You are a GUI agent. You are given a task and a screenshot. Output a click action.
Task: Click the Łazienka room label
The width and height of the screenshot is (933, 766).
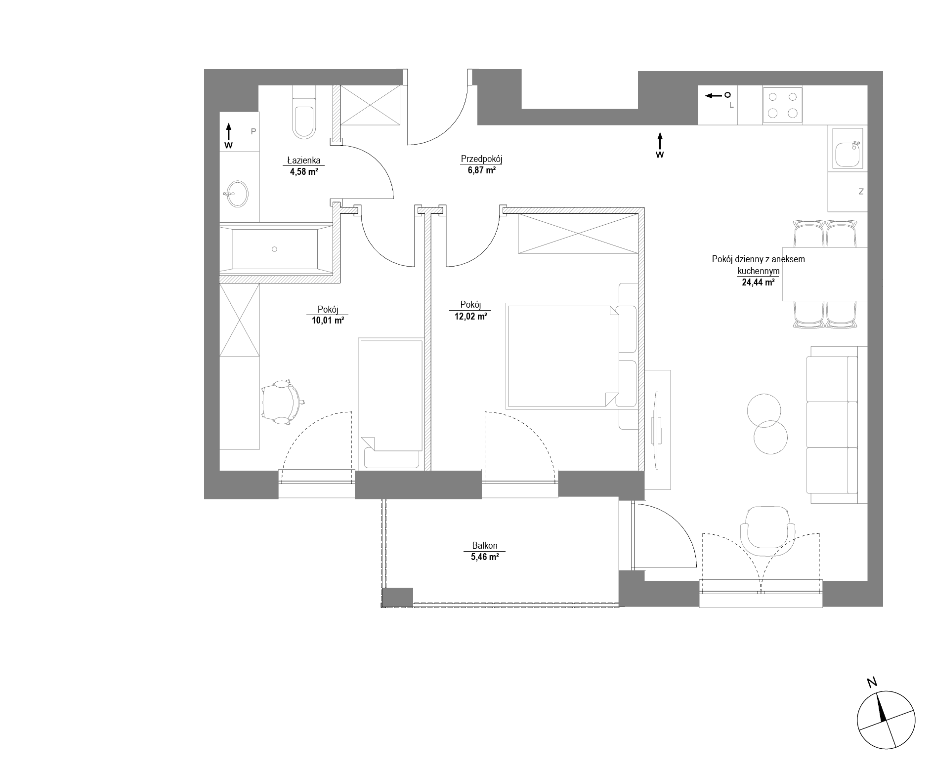point(304,160)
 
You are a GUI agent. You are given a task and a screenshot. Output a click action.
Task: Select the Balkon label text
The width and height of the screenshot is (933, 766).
point(485,546)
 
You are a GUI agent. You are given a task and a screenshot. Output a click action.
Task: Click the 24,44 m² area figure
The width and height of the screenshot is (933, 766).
point(758,283)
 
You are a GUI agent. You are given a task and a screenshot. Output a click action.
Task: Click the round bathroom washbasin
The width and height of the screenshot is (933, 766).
point(238,194)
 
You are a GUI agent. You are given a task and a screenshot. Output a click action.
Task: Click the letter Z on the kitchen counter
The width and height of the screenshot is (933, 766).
point(861,192)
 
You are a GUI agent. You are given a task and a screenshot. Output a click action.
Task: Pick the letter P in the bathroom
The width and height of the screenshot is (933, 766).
point(254,131)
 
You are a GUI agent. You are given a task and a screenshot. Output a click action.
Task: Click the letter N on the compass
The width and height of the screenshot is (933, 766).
point(872,683)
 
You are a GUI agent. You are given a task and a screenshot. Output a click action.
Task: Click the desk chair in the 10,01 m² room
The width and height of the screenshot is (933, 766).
point(282,401)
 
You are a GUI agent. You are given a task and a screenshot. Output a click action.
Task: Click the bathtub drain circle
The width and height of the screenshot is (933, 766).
point(275,249)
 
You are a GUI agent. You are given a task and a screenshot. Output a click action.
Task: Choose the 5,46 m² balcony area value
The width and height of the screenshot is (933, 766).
point(485,557)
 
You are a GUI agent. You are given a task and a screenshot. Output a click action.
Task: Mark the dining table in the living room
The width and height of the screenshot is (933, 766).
point(825,274)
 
